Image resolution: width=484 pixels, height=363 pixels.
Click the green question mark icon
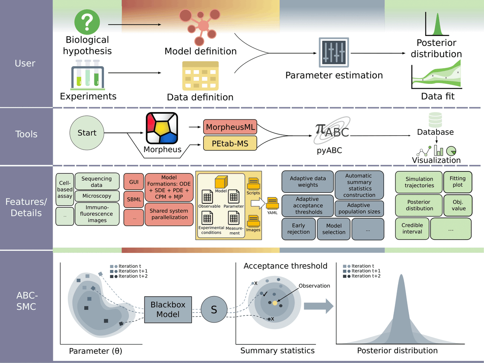tap(87, 22)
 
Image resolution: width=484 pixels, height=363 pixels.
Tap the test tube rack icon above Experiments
tap(88, 75)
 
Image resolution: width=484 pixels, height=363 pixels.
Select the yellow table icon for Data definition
tap(200, 76)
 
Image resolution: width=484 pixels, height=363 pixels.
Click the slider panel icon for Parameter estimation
tap(334, 52)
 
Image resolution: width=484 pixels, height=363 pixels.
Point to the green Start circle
tap(87, 133)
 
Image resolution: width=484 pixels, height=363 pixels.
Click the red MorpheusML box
tap(230, 127)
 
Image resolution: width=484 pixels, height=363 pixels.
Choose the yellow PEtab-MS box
tap(230, 143)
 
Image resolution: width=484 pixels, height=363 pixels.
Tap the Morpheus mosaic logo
tap(162, 128)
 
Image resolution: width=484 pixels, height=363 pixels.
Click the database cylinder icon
tap(435, 120)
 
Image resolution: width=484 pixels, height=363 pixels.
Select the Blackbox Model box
tap(168, 309)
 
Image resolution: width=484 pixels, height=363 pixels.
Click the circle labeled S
tap(214, 309)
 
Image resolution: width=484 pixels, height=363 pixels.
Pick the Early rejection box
tap(298, 229)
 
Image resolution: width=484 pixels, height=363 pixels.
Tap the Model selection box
tap(334, 229)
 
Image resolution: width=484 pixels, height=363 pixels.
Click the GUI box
tap(134, 182)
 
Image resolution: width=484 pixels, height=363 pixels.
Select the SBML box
tap(134, 200)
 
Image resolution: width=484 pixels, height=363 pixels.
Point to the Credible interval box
tap(412, 229)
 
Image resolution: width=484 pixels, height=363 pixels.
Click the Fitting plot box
tap(458, 182)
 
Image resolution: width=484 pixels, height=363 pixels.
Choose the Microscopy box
tap(97, 196)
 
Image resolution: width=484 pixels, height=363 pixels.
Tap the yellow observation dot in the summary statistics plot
tap(275, 303)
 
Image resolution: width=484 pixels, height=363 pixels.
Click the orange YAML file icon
tap(272, 203)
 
